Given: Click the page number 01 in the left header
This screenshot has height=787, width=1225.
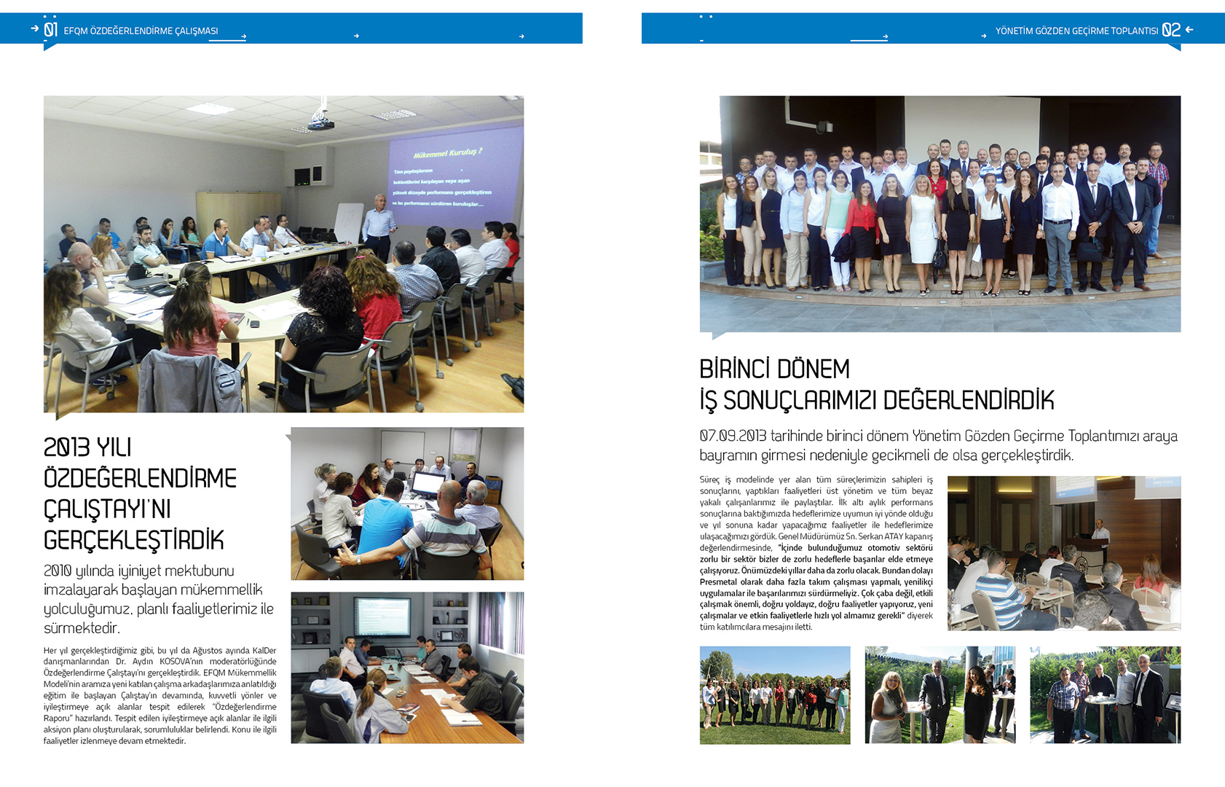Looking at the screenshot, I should (50, 30).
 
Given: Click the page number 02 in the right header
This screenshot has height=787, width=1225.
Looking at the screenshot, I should (1170, 30).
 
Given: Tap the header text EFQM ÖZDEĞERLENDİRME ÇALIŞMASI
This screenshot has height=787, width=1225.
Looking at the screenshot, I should (141, 31).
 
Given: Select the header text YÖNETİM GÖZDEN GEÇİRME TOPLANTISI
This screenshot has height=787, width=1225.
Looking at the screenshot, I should (1076, 31).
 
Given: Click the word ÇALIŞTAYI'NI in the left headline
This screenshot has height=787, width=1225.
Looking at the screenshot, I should (107, 509).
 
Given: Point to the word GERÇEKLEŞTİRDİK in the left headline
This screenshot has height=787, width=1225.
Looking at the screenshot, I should (134, 541).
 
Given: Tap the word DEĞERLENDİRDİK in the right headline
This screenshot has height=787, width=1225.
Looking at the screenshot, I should (969, 401).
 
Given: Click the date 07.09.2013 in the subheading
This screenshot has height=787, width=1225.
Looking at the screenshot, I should (733, 436).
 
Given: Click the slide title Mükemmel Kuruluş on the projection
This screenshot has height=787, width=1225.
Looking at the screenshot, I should (447, 153).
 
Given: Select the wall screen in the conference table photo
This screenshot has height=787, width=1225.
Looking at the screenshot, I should (382, 616).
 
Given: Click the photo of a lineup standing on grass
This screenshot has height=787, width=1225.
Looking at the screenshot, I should (774, 695).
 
